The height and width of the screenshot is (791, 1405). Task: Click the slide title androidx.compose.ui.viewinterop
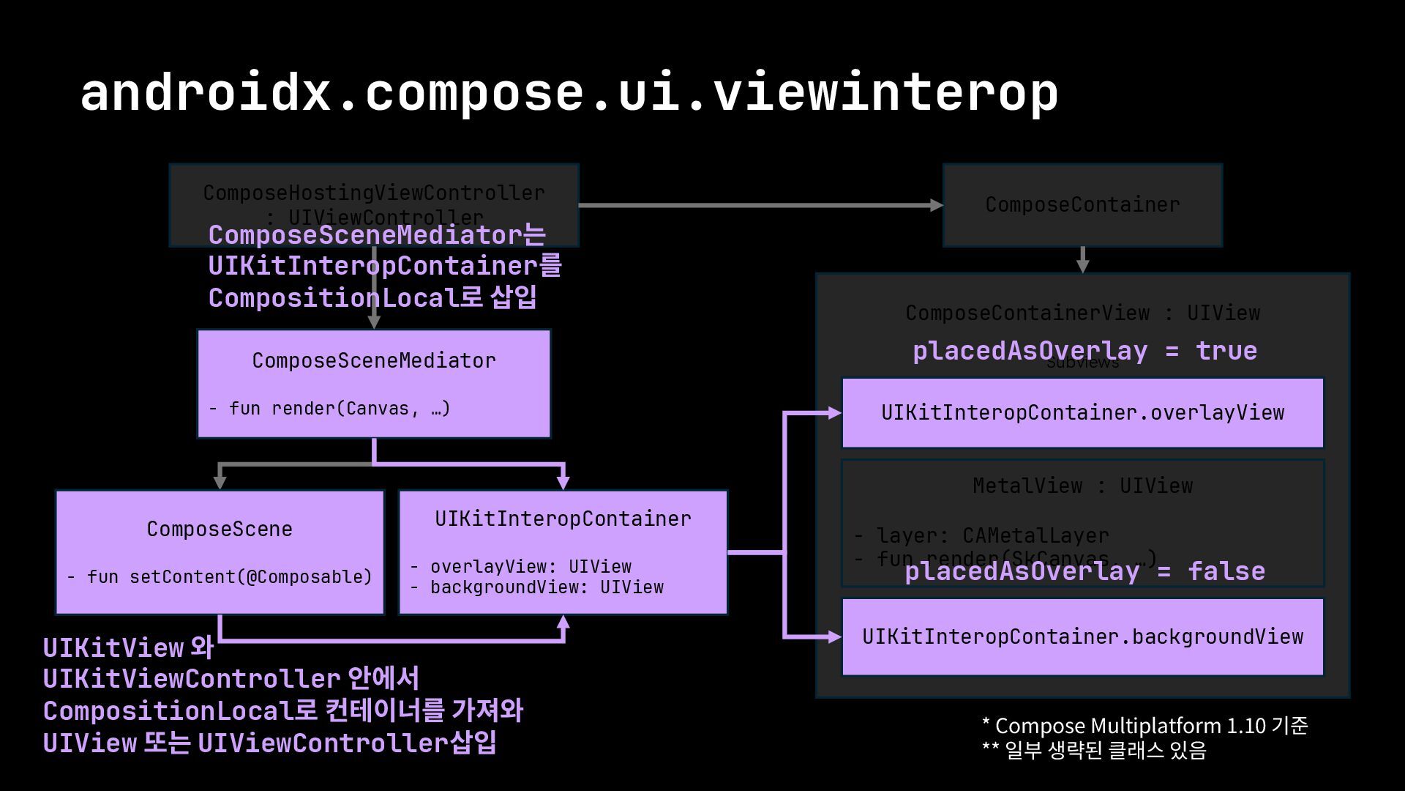[569, 93]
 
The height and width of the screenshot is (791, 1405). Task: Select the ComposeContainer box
[1082, 205]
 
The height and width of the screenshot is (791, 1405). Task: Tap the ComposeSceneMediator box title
[374, 360]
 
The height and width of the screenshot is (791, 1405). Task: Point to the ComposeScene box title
[220, 529]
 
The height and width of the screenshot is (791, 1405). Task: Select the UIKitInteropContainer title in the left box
[563, 519]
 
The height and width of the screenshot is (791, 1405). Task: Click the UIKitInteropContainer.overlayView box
[1082, 412]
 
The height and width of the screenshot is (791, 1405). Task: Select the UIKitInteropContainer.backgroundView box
[1082, 636]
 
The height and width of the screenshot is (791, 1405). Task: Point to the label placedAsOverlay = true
[1084, 351]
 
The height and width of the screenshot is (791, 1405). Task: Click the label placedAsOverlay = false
[1084, 571]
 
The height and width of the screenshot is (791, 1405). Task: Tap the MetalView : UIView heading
[1082, 486]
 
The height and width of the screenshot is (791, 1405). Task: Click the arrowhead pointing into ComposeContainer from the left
[936, 205]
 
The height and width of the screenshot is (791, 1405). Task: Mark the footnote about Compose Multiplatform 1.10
[1144, 726]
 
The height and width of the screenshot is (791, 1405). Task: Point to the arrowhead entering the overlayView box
[835, 413]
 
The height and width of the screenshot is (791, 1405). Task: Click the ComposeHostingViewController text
[374, 193]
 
